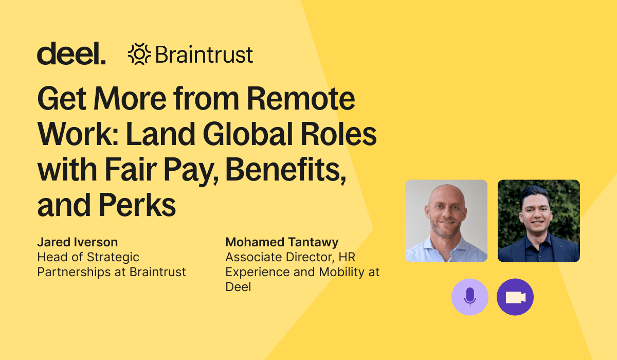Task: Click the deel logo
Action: tap(71, 53)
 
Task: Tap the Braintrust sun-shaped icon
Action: tap(139, 54)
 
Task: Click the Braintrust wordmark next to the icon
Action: tap(204, 55)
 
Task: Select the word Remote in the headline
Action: tap(301, 98)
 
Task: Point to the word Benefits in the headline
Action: tap(286, 169)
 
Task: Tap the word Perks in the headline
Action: tap(137, 205)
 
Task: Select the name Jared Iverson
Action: tap(78, 242)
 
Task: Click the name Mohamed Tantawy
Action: tap(282, 242)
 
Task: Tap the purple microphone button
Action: tap(470, 297)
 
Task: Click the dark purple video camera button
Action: tap(515, 297)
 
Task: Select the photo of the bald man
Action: tap(446, 221)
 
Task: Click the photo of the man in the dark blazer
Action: tap(539, 221)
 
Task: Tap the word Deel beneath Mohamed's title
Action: tap(238, 287)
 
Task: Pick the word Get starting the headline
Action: tap(62, 98)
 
